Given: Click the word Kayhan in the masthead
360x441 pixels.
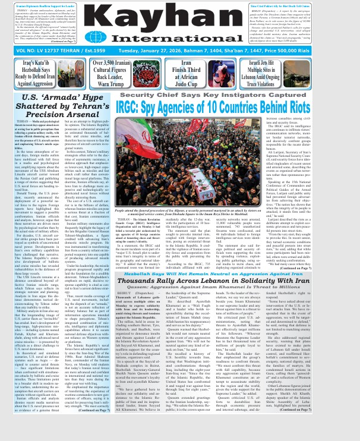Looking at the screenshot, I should [179, 19].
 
